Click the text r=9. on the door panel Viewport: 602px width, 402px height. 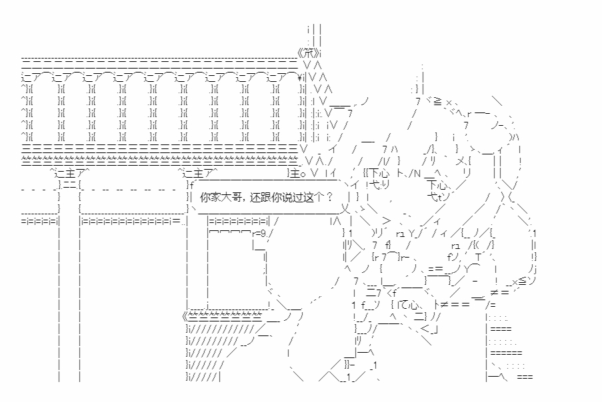[x=259, y=233]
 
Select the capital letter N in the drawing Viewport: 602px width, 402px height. [x=415, y=174]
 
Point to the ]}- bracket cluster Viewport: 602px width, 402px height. [x=350, y=365]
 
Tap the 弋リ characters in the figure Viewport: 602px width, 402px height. [x=379, y=185]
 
